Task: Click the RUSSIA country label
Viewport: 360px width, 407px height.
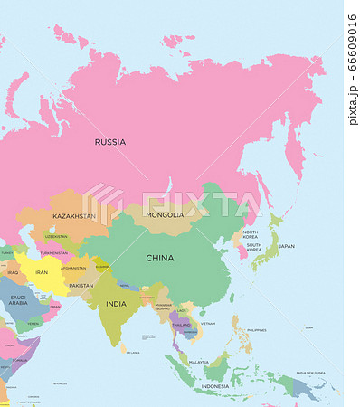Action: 110,142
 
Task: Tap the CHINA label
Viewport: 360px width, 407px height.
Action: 160,258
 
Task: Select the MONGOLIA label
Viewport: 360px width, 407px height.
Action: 165,215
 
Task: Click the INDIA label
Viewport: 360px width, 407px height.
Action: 116,304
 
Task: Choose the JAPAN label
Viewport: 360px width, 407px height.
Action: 286,246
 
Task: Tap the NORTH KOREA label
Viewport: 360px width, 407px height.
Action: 251,235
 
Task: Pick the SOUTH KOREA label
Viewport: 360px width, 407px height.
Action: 254,248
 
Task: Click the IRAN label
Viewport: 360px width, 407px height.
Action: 41,271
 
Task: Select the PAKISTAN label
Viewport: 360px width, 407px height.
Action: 81,285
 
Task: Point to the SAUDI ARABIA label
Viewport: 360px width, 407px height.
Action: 18,300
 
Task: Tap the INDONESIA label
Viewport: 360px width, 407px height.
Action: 215,386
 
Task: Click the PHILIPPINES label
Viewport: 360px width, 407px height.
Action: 257,330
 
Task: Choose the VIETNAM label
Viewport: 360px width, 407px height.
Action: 209,323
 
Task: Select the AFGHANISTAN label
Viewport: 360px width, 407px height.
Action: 73,268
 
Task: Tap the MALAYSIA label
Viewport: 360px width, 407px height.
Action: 199,361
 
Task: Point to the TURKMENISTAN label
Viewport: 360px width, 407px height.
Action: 54,252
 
